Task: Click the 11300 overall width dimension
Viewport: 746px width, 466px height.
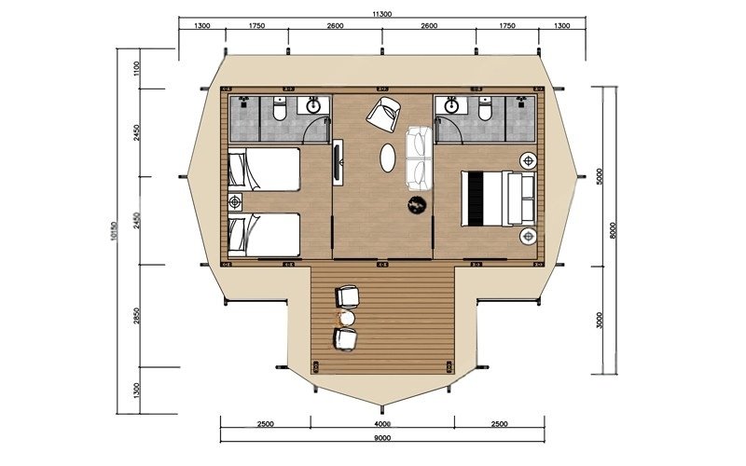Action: click(x=382, y=14)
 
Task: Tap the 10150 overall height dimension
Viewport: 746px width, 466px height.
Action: click(x=113, y=230)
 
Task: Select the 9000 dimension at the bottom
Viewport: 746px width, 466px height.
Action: click(x=382, y=437)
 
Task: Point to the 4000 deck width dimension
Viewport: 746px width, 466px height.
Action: click(x=382, y=424)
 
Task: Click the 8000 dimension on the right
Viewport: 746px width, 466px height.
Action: click(x=613, y=230)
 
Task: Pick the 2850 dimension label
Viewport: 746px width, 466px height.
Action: click(x=137, y=316)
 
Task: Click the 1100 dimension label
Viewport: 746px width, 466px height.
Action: click(x=137, y=69)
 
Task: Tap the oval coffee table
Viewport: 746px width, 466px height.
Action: click(x=387, y=158)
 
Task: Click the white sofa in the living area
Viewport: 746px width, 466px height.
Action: click(x=419, y=158)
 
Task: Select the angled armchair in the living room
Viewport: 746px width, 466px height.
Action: click(x=383, y=114)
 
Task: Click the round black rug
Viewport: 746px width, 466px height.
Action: click(x=416, y=205)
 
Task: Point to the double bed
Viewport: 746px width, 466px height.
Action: click(x=498, y=199)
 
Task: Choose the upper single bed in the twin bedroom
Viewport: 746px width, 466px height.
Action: click(x=264, y=170)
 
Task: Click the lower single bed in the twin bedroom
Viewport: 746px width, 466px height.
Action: click(x=264, y=235)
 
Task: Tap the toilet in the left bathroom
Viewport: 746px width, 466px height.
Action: click(x=279, y=110)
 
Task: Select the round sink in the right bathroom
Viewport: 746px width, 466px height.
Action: click(x=450, y=105)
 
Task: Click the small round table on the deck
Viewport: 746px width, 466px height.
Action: click(x=346, y=317)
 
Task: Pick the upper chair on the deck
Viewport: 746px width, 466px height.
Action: click(x=347, y=296)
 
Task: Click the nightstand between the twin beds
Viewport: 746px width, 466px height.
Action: click(x=235, y=202)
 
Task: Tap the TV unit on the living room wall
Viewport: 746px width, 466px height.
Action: click(x=338, y=162)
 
